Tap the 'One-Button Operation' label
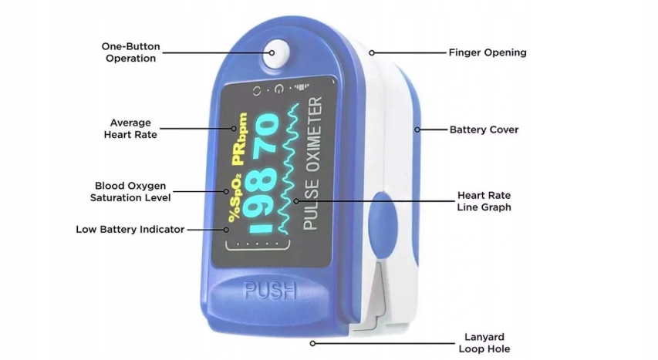(130, 52)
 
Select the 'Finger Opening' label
(488, 53)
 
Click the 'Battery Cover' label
(484, 130)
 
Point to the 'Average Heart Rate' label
(130, 128)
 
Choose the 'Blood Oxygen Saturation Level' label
(132, 191)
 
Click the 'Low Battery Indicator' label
(130, 229)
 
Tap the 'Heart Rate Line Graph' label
(484, 201)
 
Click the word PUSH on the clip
(271, 291)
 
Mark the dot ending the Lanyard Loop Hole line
(312, 343)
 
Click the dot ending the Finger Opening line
(371, 53)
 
